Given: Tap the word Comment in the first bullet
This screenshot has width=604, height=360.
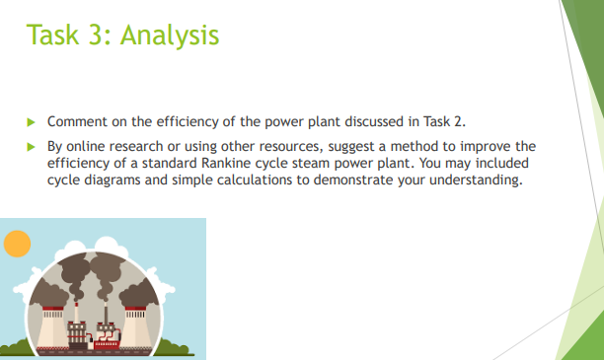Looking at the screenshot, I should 77,121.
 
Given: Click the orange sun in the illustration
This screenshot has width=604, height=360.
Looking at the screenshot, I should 17,242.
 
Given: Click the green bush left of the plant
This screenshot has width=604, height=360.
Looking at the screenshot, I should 14,346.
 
